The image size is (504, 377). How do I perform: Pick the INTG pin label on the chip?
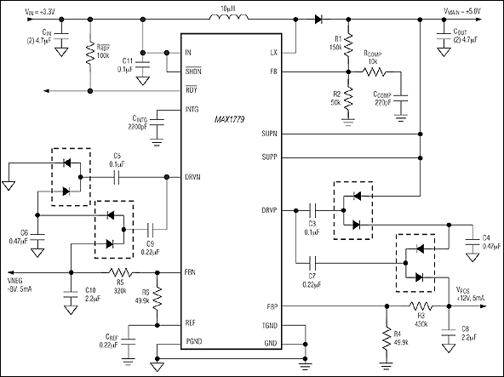point(193,109)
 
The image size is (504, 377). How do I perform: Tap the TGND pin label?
point(270,327)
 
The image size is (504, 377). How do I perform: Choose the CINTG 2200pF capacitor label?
point(145,123)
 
